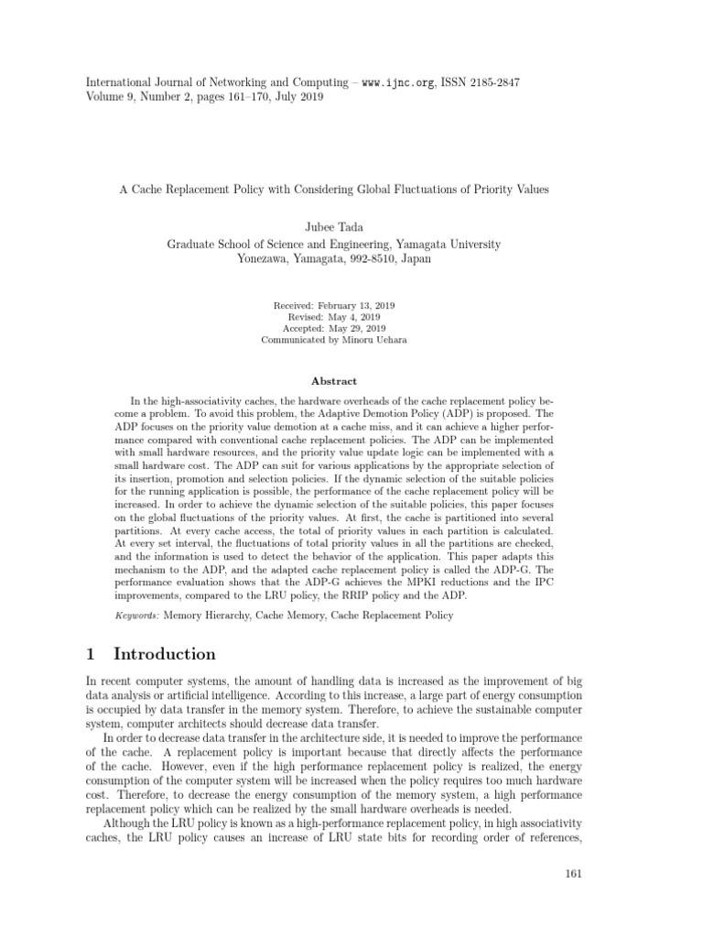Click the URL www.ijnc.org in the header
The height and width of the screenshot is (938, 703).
coord(397,82)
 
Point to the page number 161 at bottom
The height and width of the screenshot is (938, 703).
coord(574,873)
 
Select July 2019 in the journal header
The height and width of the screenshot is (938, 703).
coord(297,97)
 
